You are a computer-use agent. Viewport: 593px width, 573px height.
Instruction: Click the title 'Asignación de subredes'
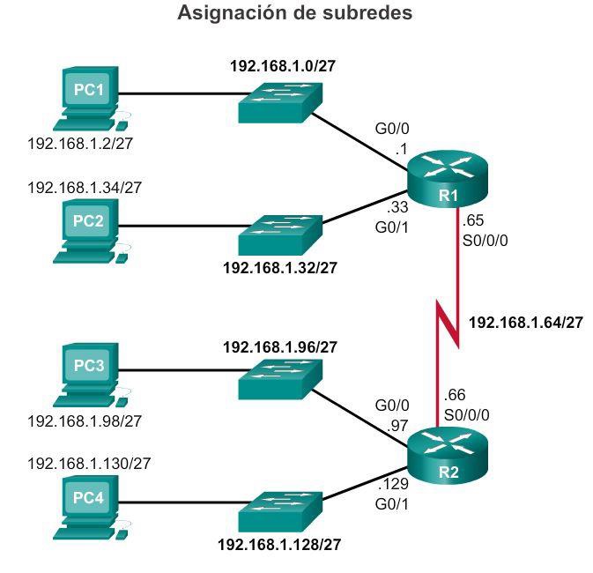tap(296, 14)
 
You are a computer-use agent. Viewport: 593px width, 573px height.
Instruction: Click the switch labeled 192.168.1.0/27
tap(279, 102)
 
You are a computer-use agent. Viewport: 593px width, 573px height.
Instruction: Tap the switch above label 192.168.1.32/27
tap(279, 234)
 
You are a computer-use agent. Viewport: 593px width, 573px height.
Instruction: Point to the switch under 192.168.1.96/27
tap(279, 376)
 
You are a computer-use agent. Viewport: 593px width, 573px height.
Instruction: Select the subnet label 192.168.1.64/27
tap(525, 323)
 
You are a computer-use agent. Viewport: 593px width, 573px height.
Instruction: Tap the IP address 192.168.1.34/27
tap(85, 187)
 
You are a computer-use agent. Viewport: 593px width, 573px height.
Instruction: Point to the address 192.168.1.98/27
tap(85, 420)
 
